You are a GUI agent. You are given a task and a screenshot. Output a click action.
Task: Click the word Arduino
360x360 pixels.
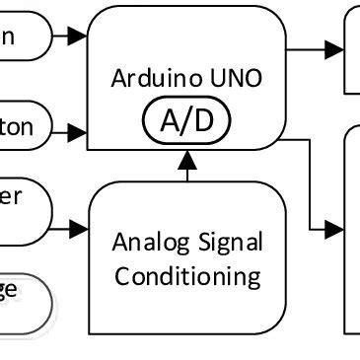149,78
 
